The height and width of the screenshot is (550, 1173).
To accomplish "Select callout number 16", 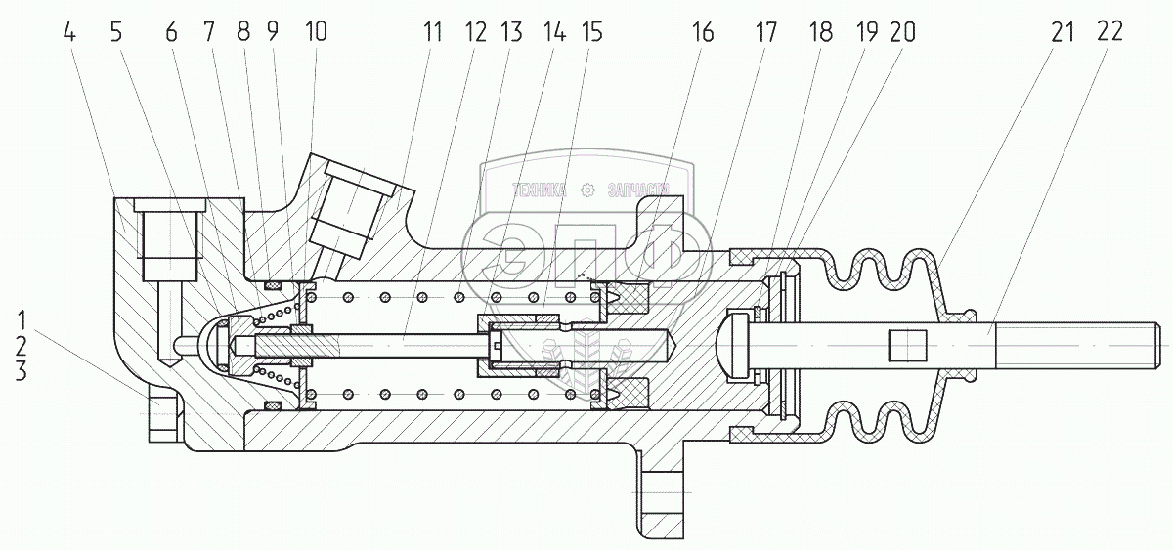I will coord(704,32).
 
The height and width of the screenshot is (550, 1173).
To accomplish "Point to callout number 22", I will coord(1109,32).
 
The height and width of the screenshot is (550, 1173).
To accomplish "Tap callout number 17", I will coord(764,32).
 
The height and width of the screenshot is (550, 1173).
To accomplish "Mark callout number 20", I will coord(901,32).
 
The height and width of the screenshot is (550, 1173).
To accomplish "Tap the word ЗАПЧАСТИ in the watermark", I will coord(638,190).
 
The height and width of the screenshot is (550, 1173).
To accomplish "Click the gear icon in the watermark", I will coord(586,190).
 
